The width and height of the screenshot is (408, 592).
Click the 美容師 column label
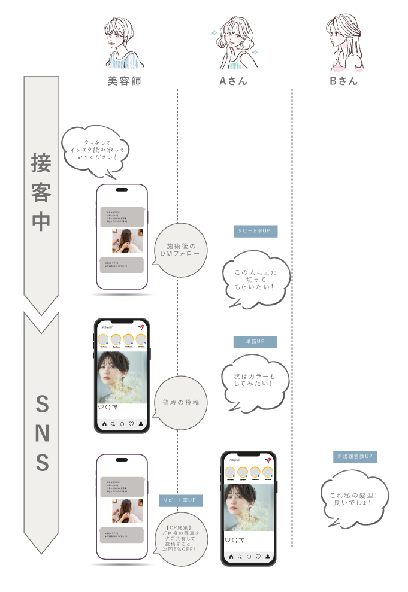[x=124, y=81]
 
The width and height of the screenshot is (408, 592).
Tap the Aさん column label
[x=234, y=81]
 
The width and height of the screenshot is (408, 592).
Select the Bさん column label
[x=344, y=81]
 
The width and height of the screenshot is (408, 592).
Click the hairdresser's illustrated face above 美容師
[x=122, y=39]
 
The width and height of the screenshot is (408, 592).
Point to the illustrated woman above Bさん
[x=344, y=42]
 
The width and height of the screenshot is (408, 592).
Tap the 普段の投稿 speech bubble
[x=180, y=403]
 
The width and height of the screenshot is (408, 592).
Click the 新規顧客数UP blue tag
[x=355, y=457]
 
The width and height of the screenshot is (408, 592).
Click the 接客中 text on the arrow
[x=41, y=192]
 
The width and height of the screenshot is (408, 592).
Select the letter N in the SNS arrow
[x=41, y=433]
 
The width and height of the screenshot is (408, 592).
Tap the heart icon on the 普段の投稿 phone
[x=101, y=407]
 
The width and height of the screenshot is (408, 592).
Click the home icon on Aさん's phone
[x=231, y=557]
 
